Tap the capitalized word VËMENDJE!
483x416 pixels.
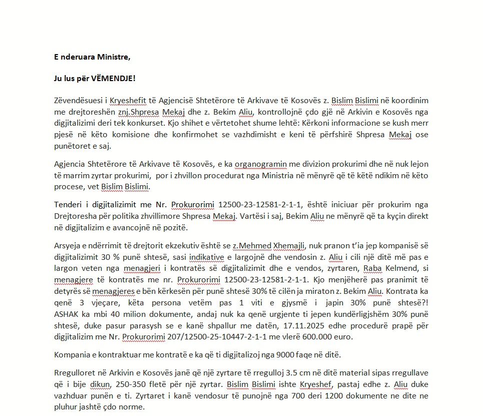115,79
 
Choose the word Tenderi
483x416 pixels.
67,205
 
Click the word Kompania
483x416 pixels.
73,355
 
